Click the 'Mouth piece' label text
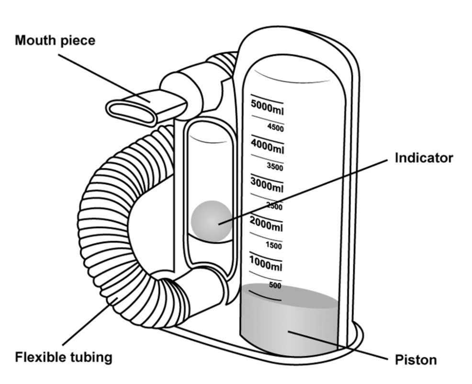[55, 40]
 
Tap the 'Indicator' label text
[423, 158]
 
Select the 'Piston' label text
[416, 360]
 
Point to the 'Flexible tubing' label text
[64, 357]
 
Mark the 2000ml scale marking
[266, 224]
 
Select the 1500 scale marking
[273, 246]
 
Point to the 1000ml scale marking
[266, 264]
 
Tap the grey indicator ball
[211, 221]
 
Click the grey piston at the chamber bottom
[287, 321]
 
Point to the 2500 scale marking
[274, 207]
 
